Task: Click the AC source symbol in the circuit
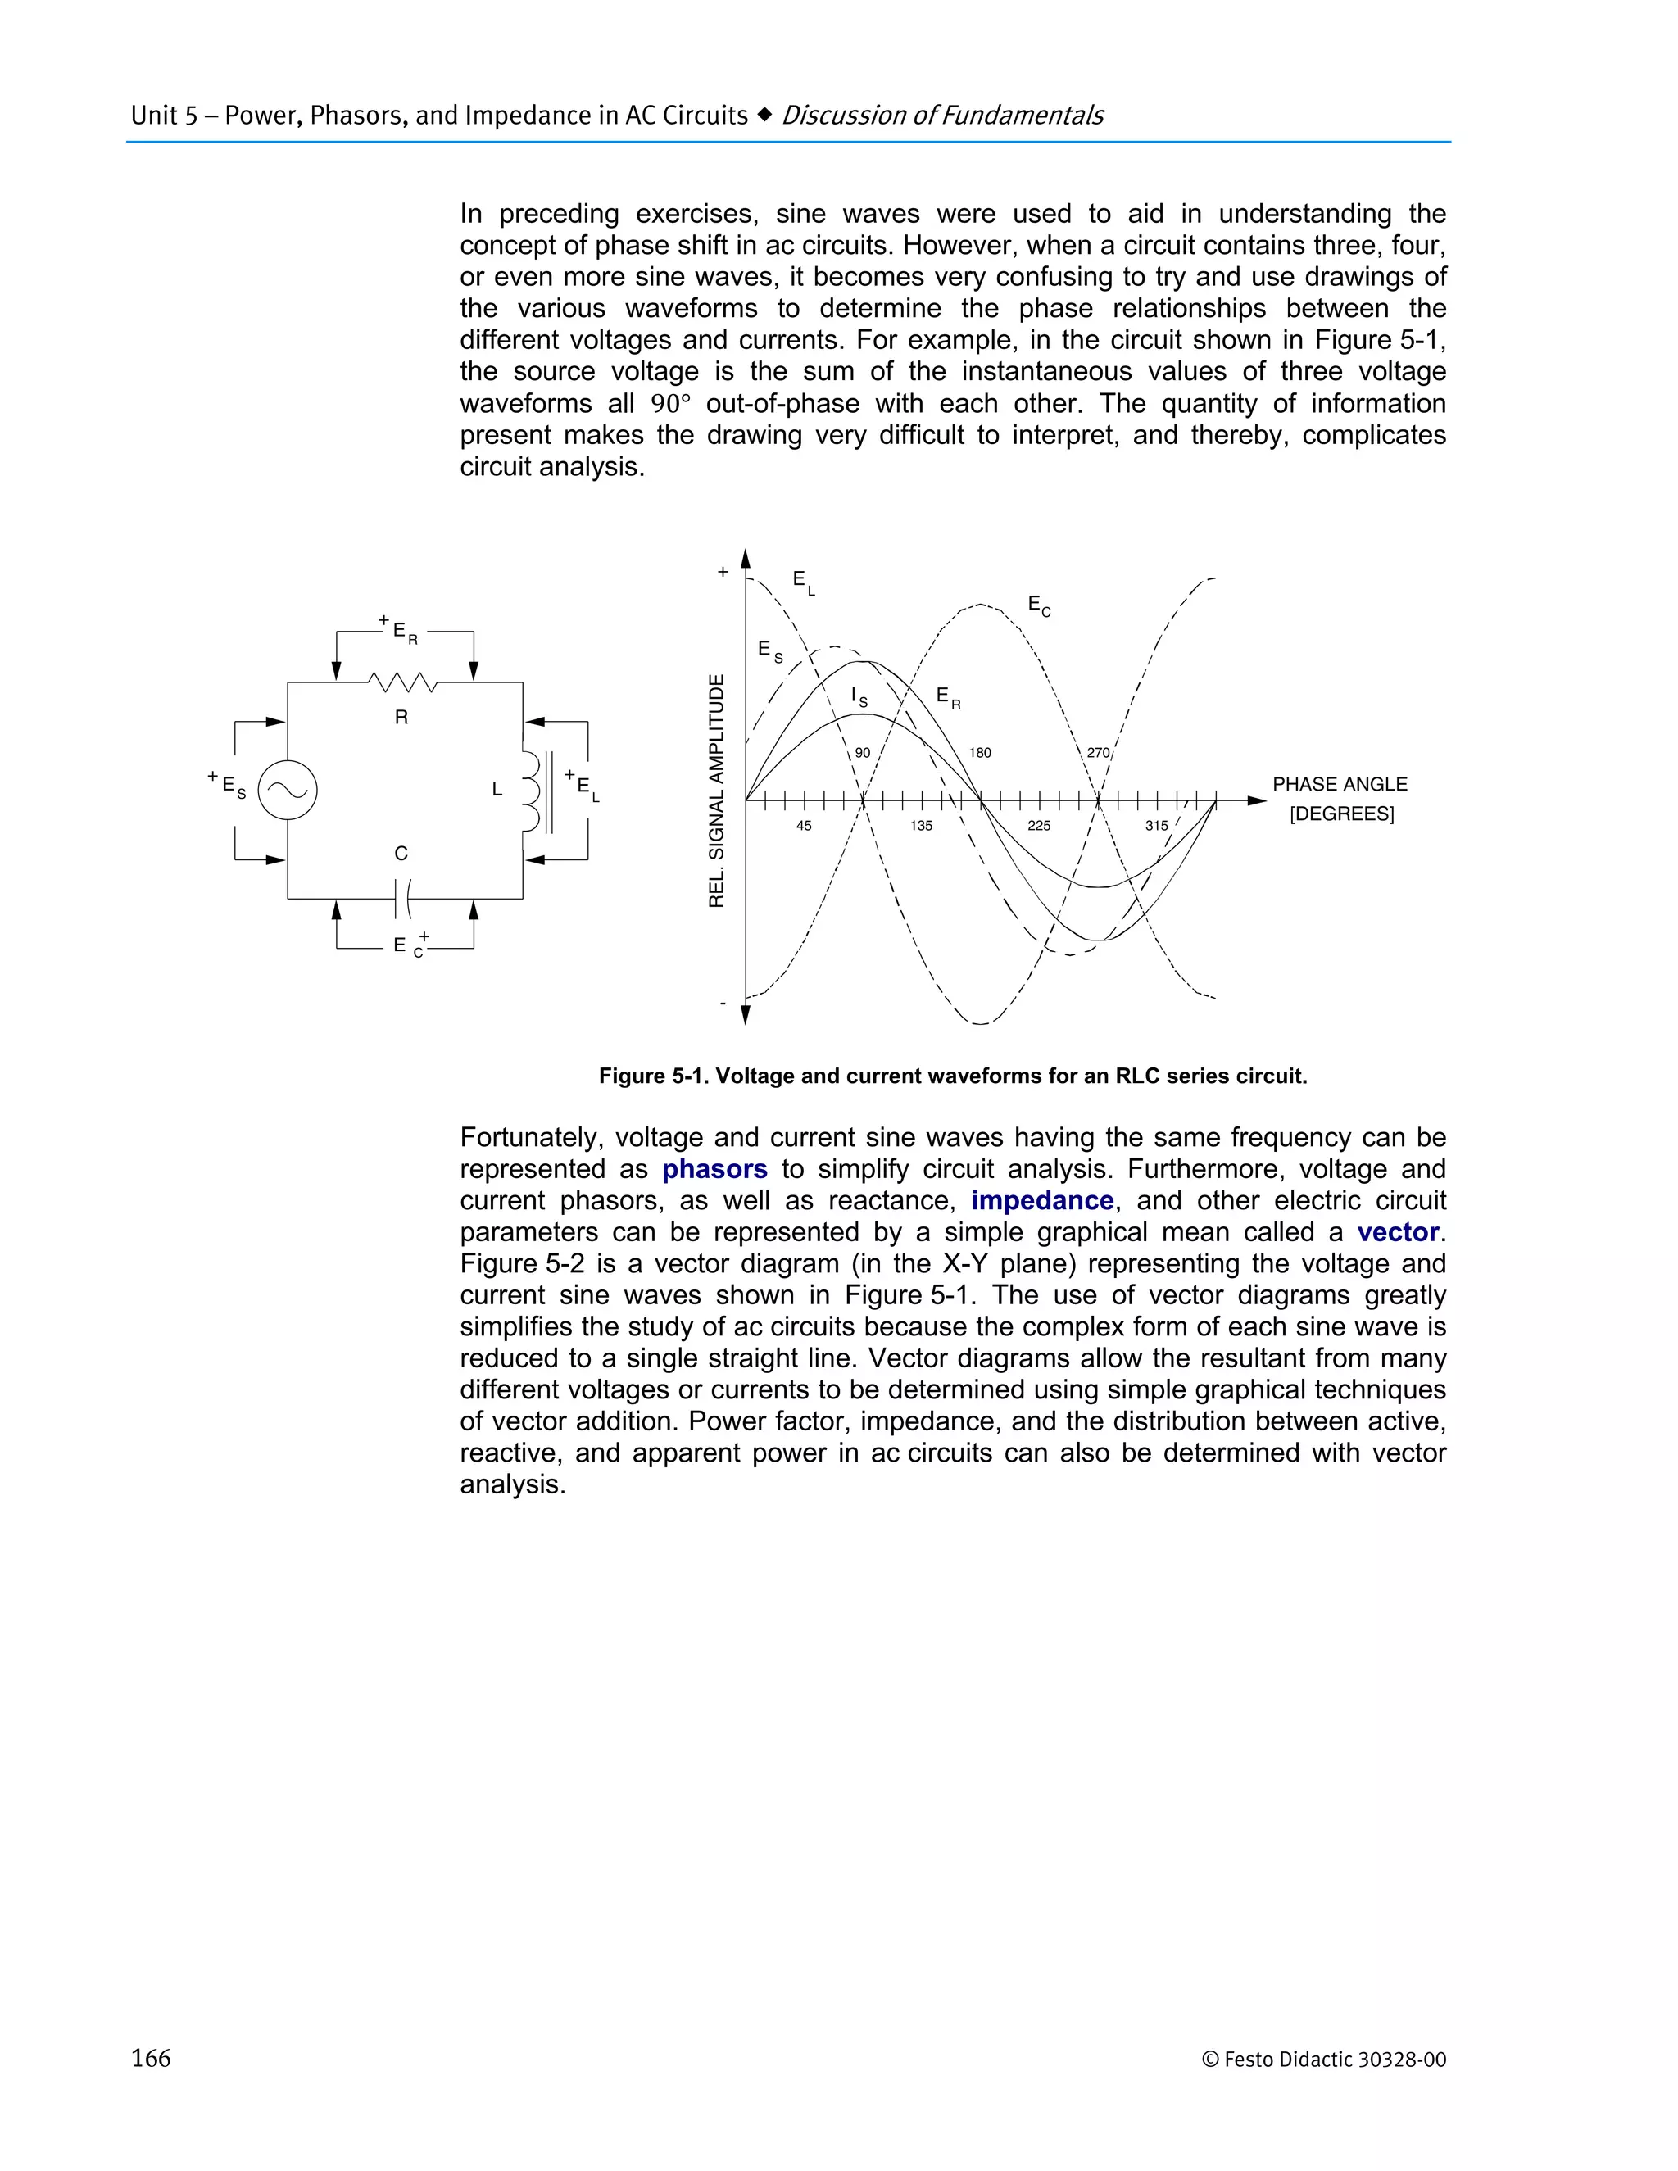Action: tap(288, 791)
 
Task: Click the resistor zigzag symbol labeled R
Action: tap(401, 683)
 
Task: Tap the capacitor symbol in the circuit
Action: tap(401, 899)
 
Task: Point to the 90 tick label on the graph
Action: tap(862, 753)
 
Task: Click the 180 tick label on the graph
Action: tap(979, 753)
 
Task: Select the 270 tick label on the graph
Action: tap(1097, 753)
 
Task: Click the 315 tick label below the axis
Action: tap(1155, 825)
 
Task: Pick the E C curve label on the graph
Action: tap(1039, 605)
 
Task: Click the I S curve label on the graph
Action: tap(859, 697)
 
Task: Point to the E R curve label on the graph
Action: tap(947, 698)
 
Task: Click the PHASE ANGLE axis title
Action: tap(1339, 784)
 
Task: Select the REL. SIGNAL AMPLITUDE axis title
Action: tap(716, 791)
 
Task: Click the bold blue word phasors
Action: tap(714, 1169)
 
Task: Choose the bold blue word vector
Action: tap(1397, 1233)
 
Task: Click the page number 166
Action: tap(151, 2058)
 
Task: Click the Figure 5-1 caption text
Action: tap(951, 1076)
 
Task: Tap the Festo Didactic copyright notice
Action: tap(1323, 2060)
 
